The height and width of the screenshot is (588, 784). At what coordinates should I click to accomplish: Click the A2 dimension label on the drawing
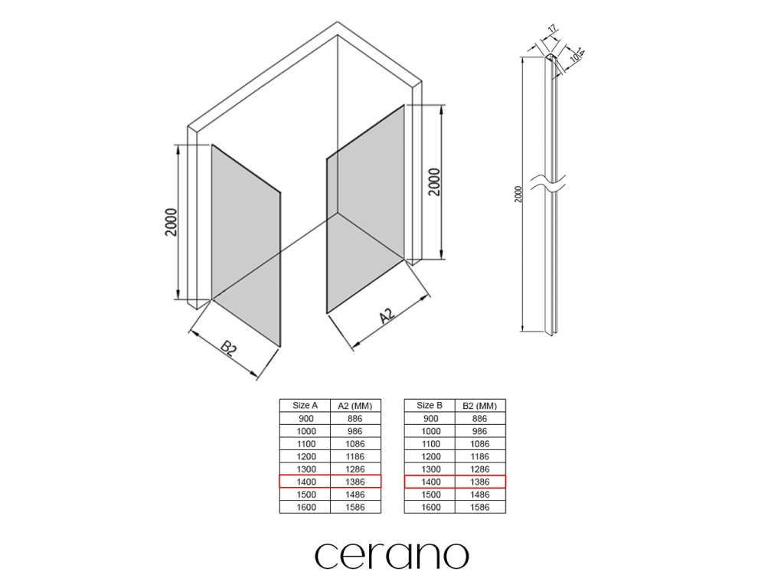pos(387,315)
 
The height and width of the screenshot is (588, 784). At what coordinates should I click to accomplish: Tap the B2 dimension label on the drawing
pos(228,348)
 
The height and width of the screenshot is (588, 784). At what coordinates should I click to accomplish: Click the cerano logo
pos(392,556)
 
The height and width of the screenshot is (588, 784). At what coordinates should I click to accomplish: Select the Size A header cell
pos(305,406)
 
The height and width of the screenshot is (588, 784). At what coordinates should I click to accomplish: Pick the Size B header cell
pos(430,406)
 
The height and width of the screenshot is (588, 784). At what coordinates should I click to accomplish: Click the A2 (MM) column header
pos(355,406)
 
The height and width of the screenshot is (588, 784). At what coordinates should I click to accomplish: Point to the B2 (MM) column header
pos(480,406)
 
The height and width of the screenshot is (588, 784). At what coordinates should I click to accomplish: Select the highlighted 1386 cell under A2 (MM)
pos(355,482)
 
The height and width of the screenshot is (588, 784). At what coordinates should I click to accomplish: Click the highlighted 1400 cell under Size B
pos(430,482)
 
